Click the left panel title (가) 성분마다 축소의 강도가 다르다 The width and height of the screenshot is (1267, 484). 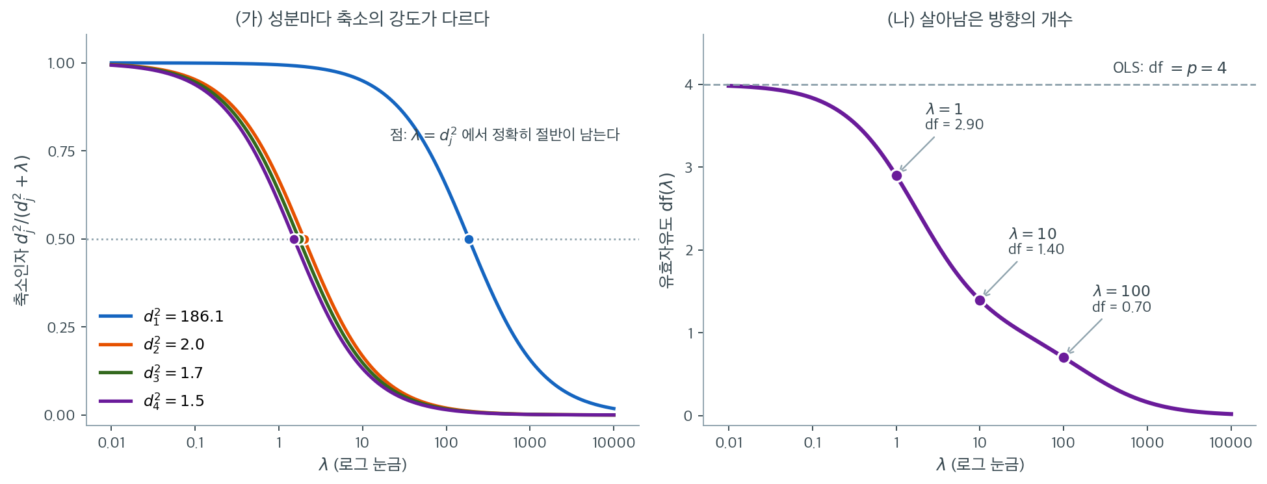click(x=362, y=19)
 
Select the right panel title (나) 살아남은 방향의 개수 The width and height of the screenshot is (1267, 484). click(x=980, y=19)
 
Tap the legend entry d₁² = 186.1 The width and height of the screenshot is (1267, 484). click(x=161, y=316)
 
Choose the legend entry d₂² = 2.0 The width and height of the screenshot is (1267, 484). click(x=151, y=344)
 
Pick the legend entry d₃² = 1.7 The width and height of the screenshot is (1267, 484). click(x=151, y=373)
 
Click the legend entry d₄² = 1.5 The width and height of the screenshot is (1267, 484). click(x=151, y=401)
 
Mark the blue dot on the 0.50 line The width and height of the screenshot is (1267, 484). click(x=469, y=239)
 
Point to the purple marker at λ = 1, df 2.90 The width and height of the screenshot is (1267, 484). click(x=896, y=175)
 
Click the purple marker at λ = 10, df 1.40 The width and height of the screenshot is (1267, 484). click(x=980, y=300)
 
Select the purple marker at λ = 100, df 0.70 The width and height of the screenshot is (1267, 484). click(x=1064, y=357)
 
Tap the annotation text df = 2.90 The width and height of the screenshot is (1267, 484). click(x=954, y=125)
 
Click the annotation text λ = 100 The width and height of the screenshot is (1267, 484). click(x=1121, y=291)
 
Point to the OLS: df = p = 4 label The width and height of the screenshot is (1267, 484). click(x=1169, y=68)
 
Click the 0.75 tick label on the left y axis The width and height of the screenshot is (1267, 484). click(x=61, y=151)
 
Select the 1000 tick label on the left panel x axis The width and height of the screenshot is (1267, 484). click(x=529, y=443)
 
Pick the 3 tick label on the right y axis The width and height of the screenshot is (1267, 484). click(x=688, y=168)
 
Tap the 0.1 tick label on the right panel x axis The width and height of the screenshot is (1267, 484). click(x=813, y=443)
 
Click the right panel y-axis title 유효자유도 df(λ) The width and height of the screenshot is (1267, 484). click(x=667, y=230)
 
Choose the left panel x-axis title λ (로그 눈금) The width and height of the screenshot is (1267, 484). click(x=362, y=465)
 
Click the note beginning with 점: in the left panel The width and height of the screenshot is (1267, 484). click(x=504, y=135)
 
